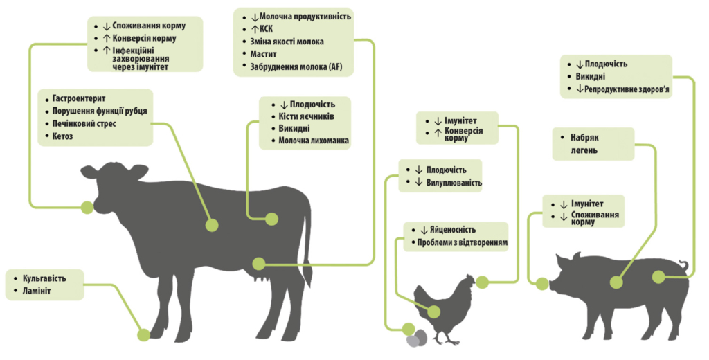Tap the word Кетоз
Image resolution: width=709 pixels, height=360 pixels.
(x=63, y=136)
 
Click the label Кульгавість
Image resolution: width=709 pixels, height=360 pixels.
(x=44, y=278)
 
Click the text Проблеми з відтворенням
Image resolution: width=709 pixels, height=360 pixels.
(x=463, y=243)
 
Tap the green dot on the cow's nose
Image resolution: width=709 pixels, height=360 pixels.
(x=87, y=206)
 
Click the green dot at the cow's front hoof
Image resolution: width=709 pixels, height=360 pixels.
(x=143, y=335)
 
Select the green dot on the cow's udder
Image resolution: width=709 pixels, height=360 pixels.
(x=259, y=264)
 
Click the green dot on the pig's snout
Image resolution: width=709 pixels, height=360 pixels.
(x=541, y=282)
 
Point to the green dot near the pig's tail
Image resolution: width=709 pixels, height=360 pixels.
(x=658, y=276)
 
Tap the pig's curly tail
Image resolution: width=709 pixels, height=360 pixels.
(x=684, y=266)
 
